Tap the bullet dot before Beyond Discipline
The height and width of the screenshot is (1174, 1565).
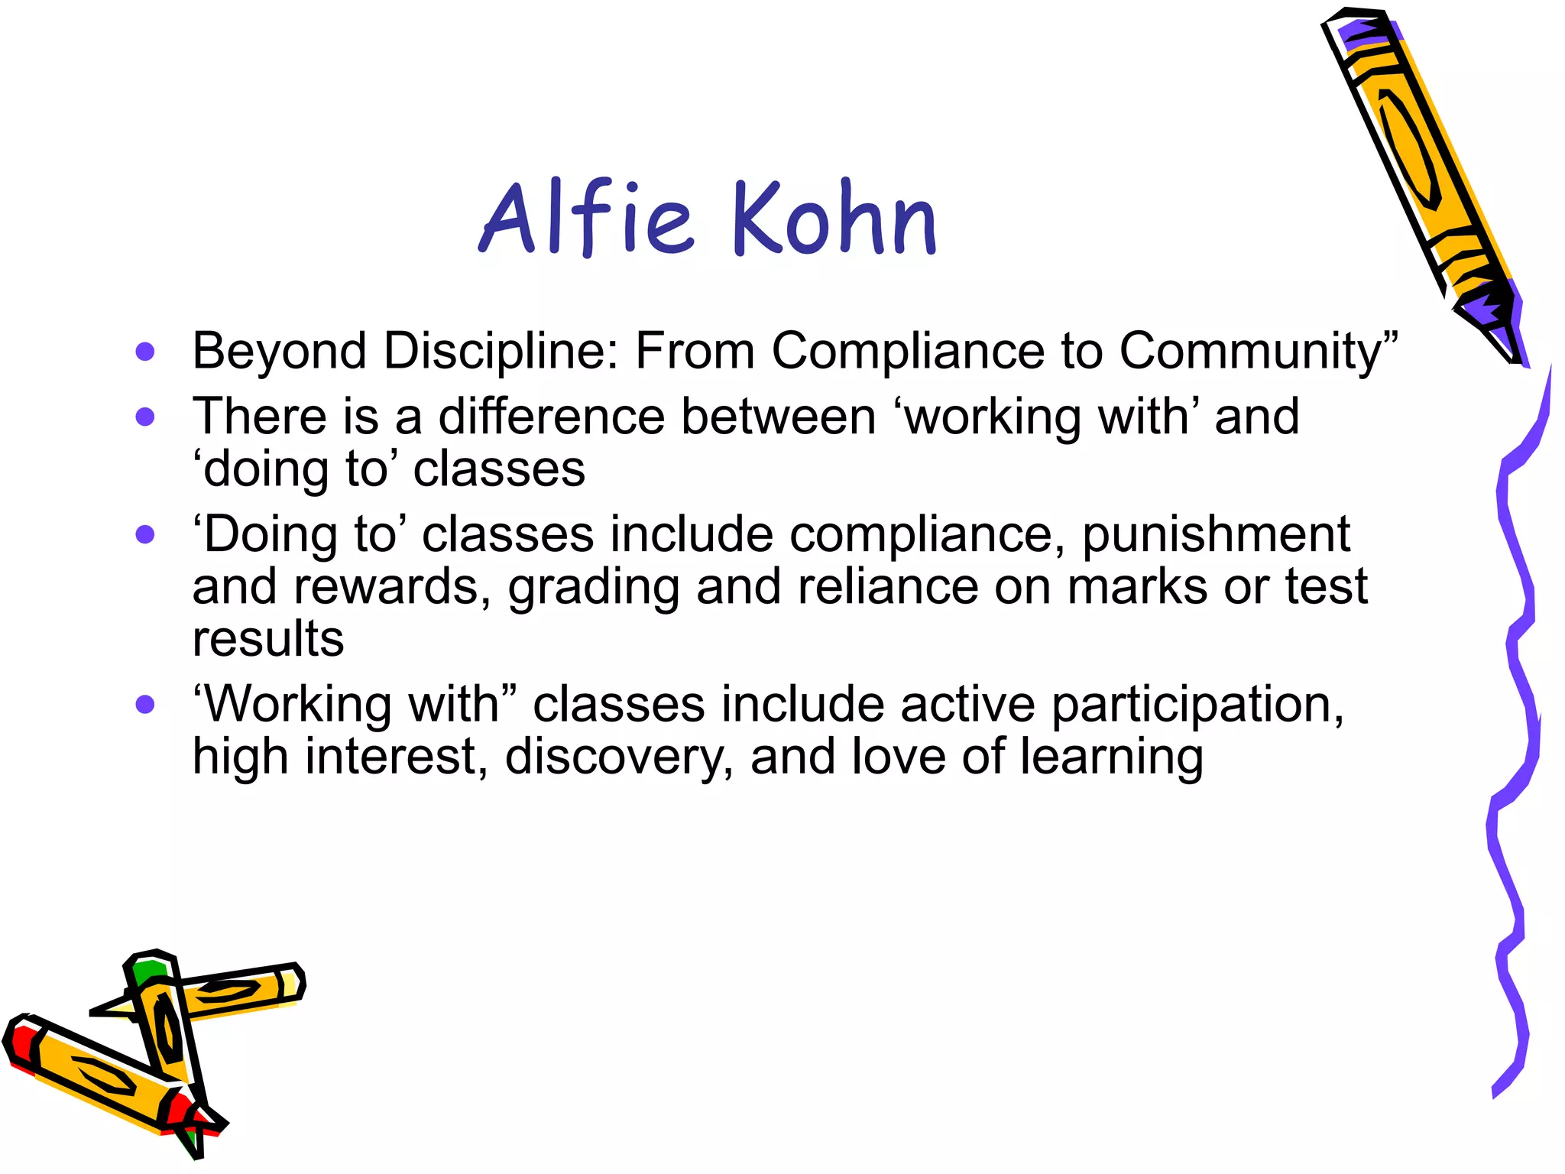(x=144, y=352)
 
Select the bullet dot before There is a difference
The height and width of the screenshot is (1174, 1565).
(x=144, y=417)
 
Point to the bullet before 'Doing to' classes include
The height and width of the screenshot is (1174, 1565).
(x=144, y=534)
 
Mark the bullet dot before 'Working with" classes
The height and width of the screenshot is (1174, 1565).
(x=144, y=704)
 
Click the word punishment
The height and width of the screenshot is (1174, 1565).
(x=1216, y=534)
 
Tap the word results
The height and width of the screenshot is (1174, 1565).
(x=268, y=639)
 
